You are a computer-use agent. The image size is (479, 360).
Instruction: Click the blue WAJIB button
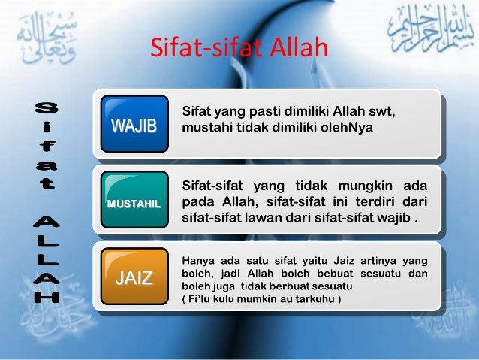click(134, 124)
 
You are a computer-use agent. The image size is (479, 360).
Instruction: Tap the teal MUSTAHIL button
click(134, 203)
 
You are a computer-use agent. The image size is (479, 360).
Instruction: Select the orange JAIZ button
click(134, 280)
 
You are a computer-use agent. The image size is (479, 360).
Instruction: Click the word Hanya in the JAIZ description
click(197, 260)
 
